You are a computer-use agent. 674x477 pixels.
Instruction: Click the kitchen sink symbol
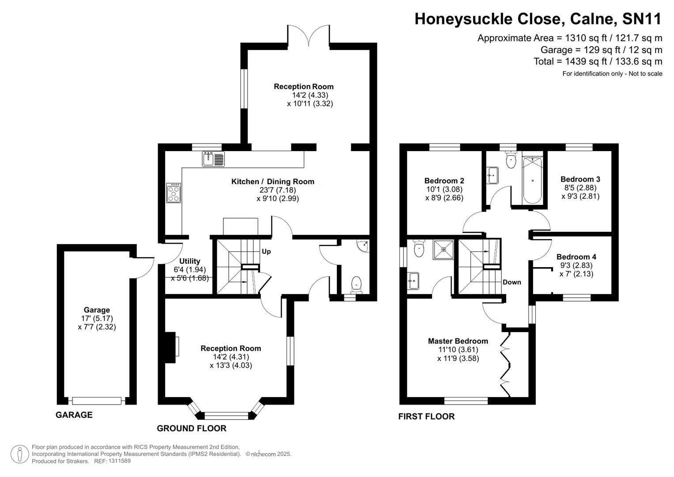pyautogui.click(x=213, y=159)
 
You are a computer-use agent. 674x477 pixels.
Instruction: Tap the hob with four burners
pyautogui.click(x=173, y=193)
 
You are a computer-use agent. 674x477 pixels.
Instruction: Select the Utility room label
pyautogui.click(x=190, y=261)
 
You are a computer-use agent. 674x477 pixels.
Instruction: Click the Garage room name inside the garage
pyautogui.click(x=97, y=310)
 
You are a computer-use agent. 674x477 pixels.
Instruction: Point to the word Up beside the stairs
pyautogui.click(x=266, y=252)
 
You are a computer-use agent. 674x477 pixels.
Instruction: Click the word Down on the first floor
pyautogui.click(x=512, y=282)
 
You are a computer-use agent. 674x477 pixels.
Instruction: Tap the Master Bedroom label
pyautogui.click(x=458, y=341)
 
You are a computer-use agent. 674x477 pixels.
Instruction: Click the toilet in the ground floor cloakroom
pyautogui.click(x=356, y=284)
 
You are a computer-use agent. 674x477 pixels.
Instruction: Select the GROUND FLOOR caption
pyautogui.click(x=192, y=428)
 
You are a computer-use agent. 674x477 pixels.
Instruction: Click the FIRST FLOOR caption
pyautogui.click(x=426, y=416)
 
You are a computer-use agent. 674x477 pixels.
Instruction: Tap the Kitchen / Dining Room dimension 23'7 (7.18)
pyautogui.click(x=278, y=190)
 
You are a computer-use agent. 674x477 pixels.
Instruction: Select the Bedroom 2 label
pyautogui.click(x=444, y=181)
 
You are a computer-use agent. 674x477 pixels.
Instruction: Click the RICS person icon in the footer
pyautogui.click(x=19, y=454)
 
